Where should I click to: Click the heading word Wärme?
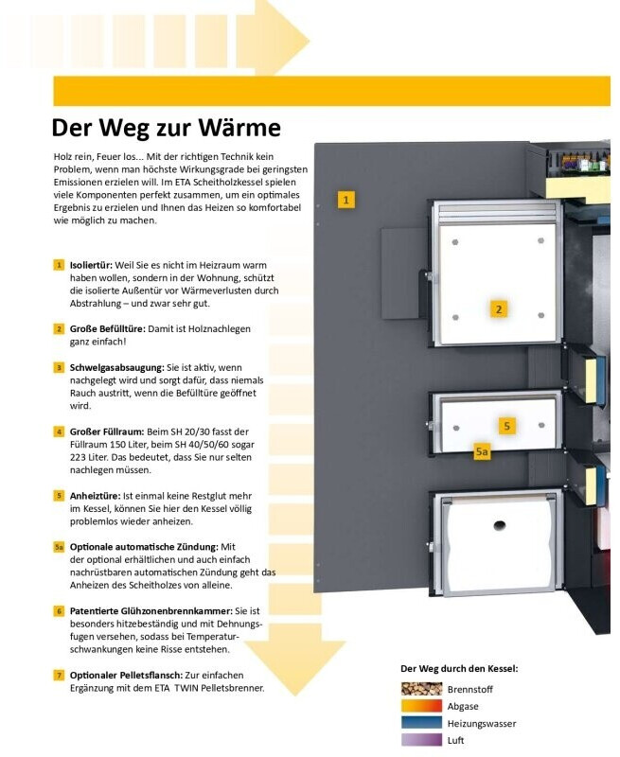(x=239, y=128)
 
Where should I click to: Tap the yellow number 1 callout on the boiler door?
(x=345, y=200)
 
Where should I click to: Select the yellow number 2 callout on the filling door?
(x=499, y=309)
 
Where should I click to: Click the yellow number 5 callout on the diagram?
(x=506, y=426)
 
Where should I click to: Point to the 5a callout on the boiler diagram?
(x=482, y=452)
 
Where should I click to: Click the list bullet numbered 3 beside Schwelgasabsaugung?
(x=59, y=368)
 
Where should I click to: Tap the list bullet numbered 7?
(x=59, y=676)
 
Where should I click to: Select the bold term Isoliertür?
(x=91, y=265)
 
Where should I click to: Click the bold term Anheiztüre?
(x=95, y=496)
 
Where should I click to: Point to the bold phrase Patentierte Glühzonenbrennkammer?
(x=151, y=611)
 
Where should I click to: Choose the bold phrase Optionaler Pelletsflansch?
(x=127, y=676)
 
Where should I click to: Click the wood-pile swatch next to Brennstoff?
(x=421, y=689)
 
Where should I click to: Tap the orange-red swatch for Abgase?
(x=421, y=706)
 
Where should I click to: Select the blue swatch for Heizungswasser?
(x=421, y=723)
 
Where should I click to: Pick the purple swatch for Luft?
(x=421, y=740)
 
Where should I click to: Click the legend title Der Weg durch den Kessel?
(x=459, y=669)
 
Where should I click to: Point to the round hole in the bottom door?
(x=499, y=525)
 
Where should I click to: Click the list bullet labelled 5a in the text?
(x=59, y=547)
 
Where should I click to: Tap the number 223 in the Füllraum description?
(x=78, y=457)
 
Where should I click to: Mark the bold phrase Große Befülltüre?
(x=108, y=329)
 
